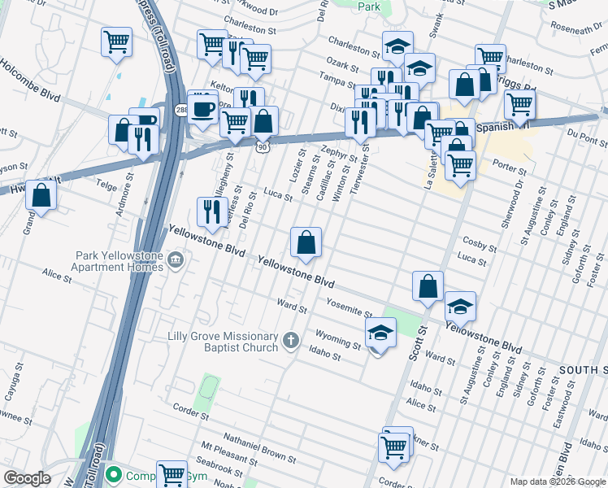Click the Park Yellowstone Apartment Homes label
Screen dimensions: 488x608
click(119, 261)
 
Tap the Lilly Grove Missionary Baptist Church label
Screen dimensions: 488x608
click(223, 342)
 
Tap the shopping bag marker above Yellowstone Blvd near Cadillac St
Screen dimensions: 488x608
click(306, 242)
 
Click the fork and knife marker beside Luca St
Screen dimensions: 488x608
click(212, 212)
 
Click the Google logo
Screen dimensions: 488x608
click(27, 478)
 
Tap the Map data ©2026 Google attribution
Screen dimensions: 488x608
click(557, 481)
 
